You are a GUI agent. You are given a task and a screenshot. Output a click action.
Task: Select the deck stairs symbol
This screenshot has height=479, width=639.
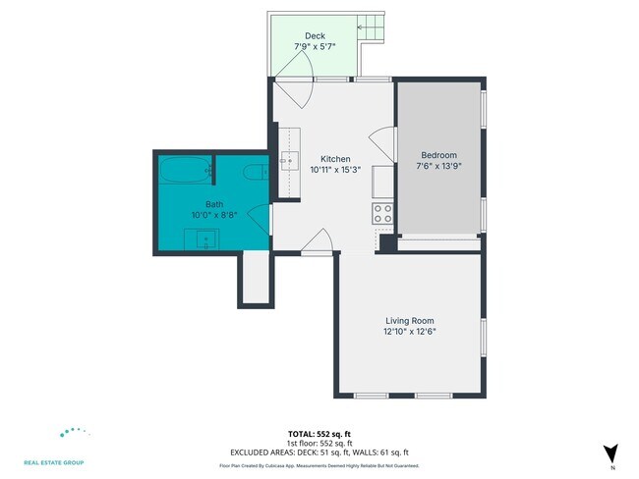(373, 29)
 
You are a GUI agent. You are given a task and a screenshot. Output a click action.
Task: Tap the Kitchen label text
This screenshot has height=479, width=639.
(335, 159)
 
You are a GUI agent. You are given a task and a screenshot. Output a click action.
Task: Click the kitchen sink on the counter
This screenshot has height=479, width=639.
(289, 161)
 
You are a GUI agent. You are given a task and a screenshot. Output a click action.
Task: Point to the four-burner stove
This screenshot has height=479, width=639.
(382, 213)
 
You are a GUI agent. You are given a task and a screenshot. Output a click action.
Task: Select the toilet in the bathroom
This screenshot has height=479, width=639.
(254, 174)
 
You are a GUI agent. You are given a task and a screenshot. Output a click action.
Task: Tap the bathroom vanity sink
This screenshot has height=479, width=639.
(204, 239)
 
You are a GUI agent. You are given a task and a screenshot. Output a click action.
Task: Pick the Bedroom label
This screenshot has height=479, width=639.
(438, 155)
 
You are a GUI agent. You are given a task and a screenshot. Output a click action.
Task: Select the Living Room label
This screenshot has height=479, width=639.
(409, 321)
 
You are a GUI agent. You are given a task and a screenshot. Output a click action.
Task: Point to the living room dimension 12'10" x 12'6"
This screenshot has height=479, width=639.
(409, 332)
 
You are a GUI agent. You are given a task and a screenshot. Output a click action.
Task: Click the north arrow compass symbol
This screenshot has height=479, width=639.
(610, 453)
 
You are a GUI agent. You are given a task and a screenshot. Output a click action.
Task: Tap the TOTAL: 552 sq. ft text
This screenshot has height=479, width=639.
(319, 433)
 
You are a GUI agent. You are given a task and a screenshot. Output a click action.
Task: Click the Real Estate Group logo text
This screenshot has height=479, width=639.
(54, 462)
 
